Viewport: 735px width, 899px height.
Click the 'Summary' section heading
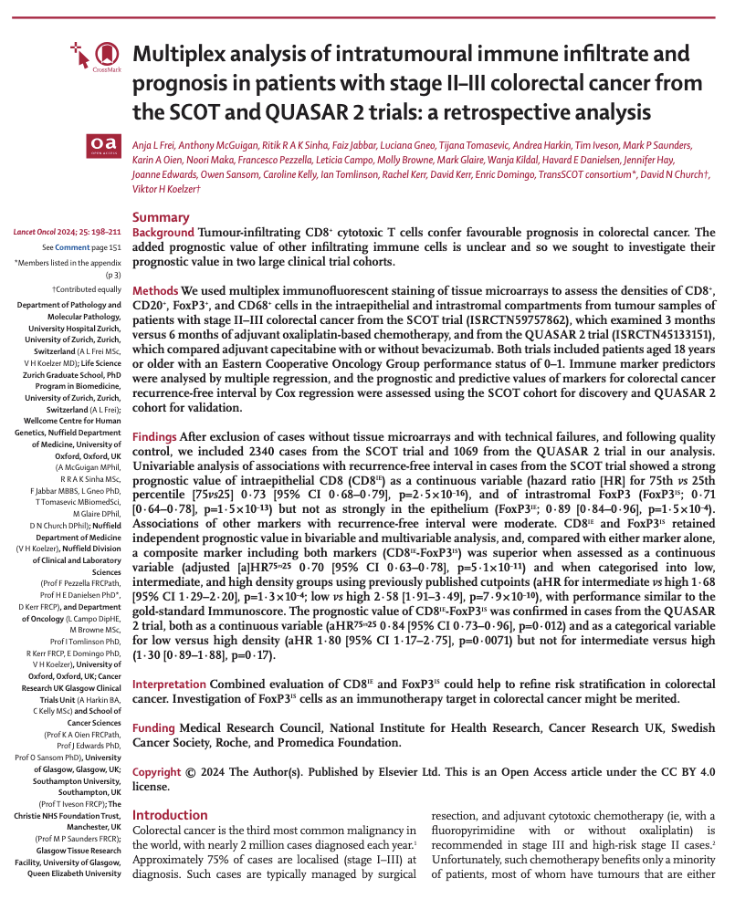click(x=161, y=217)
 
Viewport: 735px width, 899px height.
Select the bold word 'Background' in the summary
click(x=163, y=233)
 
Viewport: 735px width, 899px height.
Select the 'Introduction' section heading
click(x=170, y=815)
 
